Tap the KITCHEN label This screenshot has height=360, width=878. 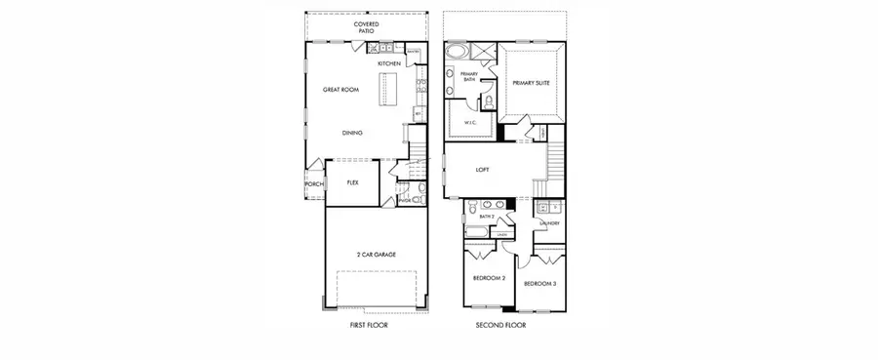coord(389,64)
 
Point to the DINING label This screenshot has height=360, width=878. coord(353,133)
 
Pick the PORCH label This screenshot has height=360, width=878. coord(314,184)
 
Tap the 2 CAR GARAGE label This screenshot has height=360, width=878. coord(376,254)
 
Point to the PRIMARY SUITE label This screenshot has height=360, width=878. coord(531,84)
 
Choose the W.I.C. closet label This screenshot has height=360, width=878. coord(469,123)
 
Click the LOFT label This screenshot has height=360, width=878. coord(482,169)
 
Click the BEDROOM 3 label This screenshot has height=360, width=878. coord(539,284)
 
